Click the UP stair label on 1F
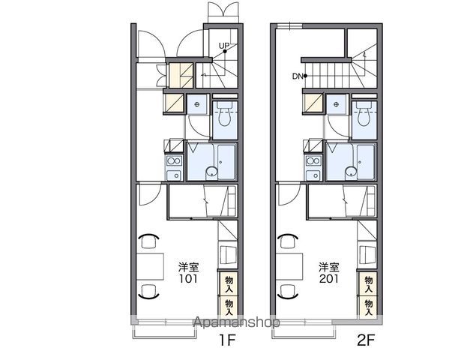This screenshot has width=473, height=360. (x=224, y=46)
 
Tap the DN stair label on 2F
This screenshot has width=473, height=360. (x=297, y=76)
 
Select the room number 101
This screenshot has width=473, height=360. (x=189, y=278)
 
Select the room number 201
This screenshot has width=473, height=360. (x=329, y=278)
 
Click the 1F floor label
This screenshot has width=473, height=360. (x=227, y=340)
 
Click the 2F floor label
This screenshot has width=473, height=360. (x=366, y=340)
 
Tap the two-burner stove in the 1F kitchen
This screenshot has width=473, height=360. (x=174, y=160)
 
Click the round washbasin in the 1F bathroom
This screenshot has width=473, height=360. (x=211, y=172)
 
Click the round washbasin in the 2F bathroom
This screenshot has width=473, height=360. (x=351, y=172)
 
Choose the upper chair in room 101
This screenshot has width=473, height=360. (x=148, y=241)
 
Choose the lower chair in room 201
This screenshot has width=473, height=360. (x=288, y=292)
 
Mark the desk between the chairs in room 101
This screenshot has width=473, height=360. (x=150, y=266)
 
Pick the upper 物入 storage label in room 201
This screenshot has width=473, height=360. (x=368, y=283)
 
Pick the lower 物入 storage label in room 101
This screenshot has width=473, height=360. (x=229, y=307)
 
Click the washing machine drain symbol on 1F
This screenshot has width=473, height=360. (x=197, y=104)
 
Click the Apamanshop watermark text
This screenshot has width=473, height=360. (x=237, y=322)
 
